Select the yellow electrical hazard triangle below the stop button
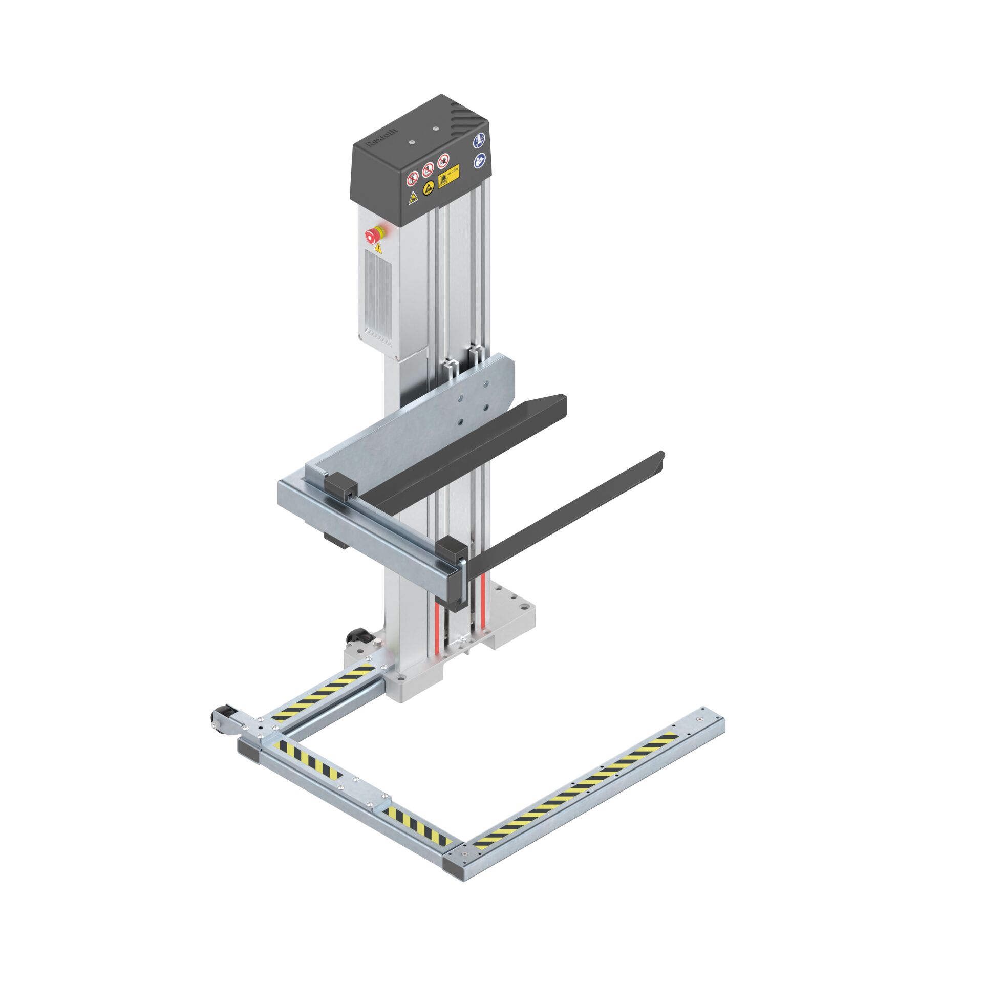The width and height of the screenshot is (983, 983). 378,249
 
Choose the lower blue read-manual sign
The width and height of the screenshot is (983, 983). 479,161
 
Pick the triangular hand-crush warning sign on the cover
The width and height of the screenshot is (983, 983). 413,198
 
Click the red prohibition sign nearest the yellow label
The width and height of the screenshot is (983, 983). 443,161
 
